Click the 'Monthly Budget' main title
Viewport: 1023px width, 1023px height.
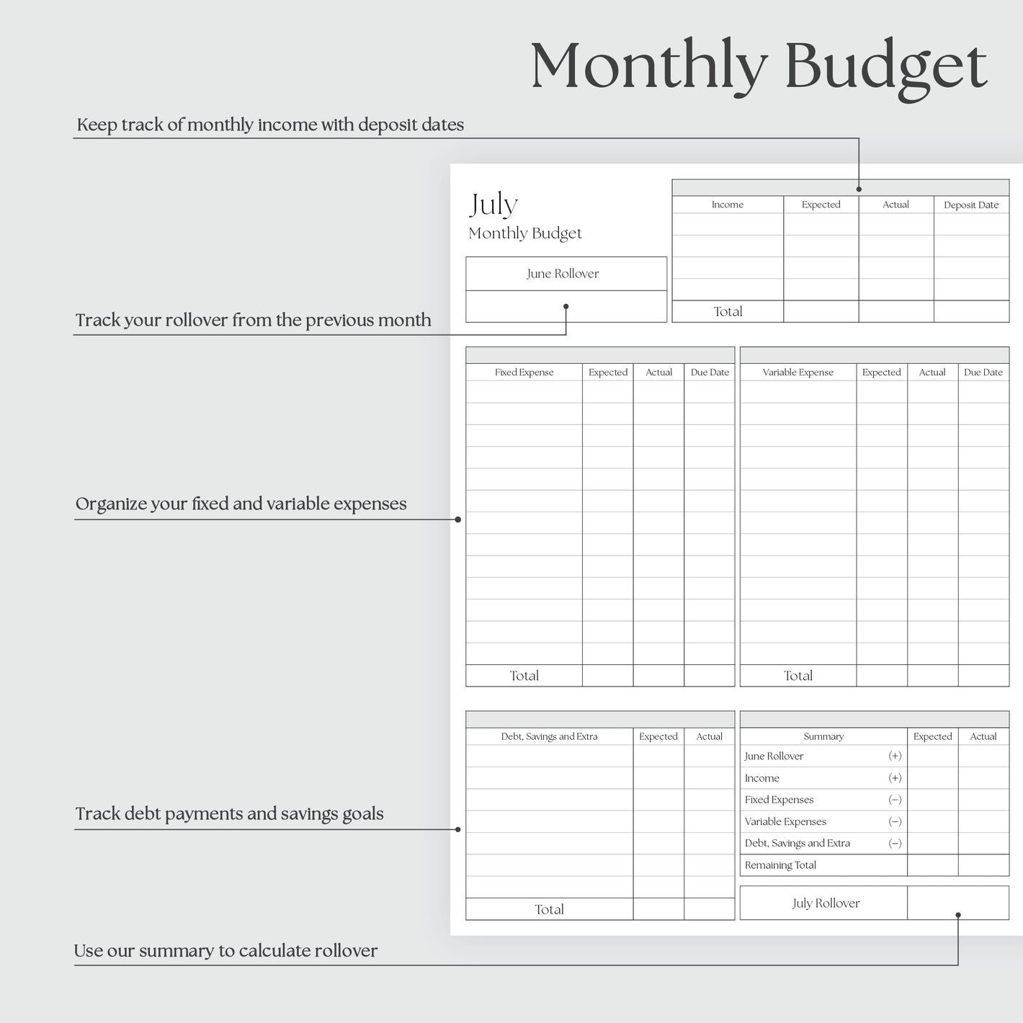[x=758, y=66]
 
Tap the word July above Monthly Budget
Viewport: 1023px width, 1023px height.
[x=493, y=205]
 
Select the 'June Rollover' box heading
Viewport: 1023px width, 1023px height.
[x=563, y=274]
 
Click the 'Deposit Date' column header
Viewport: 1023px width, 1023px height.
[x=971, y=205]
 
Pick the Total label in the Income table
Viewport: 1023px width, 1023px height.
[x=728, y=311]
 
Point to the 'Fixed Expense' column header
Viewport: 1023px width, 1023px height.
[x=524, y=372]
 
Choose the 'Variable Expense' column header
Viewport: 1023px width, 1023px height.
[x=798, y=372]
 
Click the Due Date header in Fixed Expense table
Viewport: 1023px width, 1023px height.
[x=710, y=372]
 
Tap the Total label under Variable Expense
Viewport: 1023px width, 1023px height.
[x=798, y=676]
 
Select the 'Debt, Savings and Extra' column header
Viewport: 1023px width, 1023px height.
[x=549, y=736]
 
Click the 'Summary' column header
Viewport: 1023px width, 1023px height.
[x=823, y=736]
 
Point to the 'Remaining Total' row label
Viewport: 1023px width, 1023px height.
[x=780, y=865]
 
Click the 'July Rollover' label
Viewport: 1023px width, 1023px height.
[x=826, y=903]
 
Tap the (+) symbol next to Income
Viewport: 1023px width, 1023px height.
[x=895, y=778]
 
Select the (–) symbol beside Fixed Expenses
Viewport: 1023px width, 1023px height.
[x=895, y=800]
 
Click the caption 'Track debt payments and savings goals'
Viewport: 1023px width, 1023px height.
[x=229, y=814]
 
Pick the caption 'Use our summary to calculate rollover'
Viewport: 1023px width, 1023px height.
[x=225, y=951]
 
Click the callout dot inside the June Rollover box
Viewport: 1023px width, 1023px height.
[x=566, y=306]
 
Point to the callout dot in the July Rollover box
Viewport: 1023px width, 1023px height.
[x=958, y=915]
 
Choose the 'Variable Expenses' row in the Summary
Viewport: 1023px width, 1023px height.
[x=785, y=821]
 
